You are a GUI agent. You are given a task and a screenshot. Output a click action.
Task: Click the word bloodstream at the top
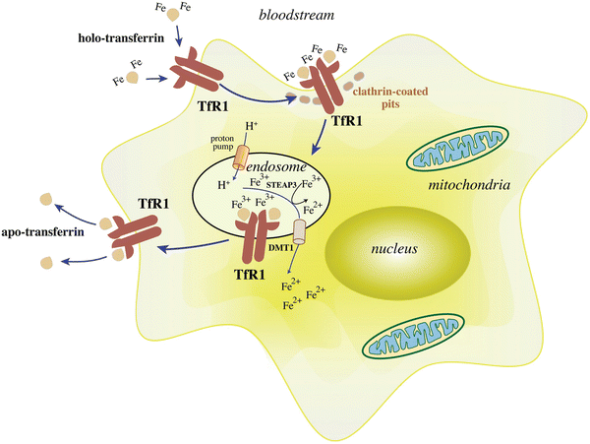269,17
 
